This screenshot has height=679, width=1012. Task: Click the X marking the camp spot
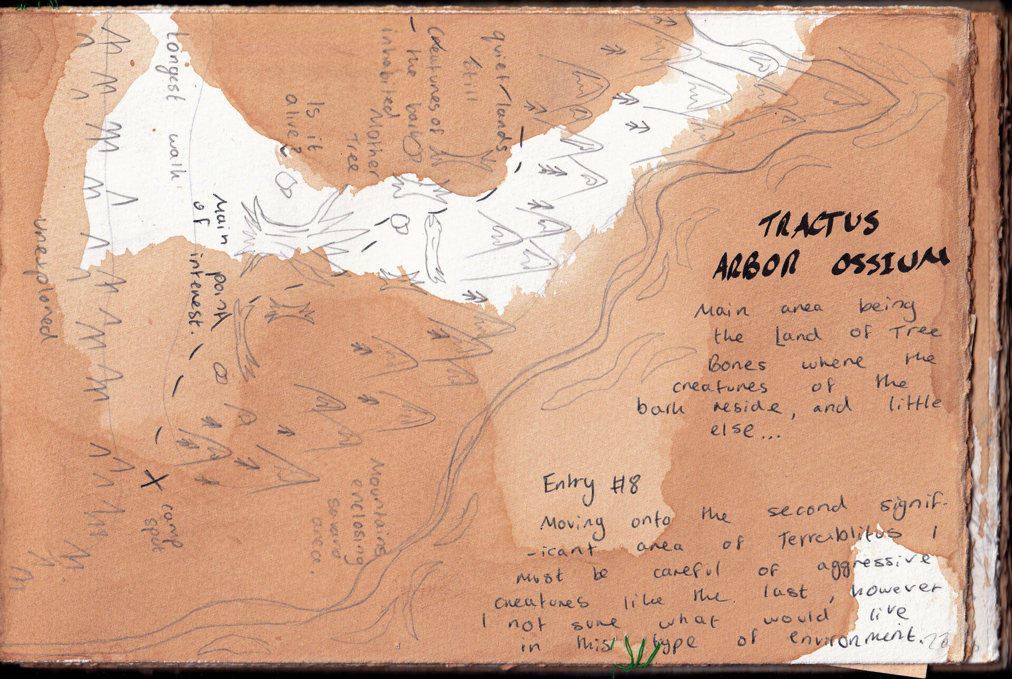pos(154,480)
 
